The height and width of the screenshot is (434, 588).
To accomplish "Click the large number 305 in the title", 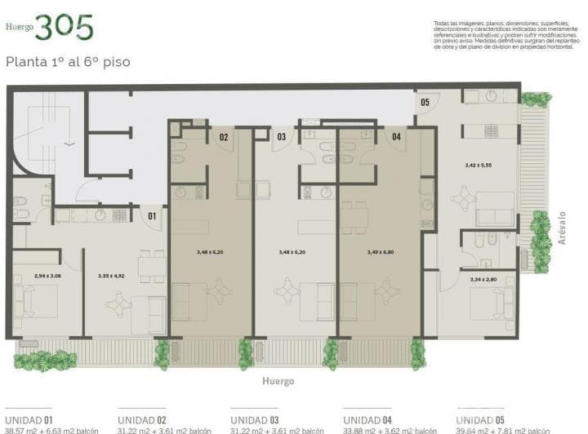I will (x=64, y=28).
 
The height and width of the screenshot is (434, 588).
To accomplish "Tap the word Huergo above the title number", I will (x=20, y=27).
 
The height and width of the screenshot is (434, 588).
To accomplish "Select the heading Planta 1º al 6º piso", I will (x=68, y=61).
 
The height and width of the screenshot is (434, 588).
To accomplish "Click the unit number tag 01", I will (x=151, y=216).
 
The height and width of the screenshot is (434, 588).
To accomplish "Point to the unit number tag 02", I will (x=224, y=137).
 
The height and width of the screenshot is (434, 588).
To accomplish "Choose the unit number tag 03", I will (x=281, y=137).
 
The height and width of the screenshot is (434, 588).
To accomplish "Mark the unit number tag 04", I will (x=397, y=137).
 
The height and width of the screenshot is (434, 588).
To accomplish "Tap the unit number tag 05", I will (x=425, y=103).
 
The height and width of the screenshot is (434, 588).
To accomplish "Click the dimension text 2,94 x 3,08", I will (x=48, y=276).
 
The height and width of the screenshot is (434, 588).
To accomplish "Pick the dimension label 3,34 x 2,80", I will (x=484, y=280).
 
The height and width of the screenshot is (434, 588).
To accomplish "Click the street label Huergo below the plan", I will (x=278, y=381).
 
